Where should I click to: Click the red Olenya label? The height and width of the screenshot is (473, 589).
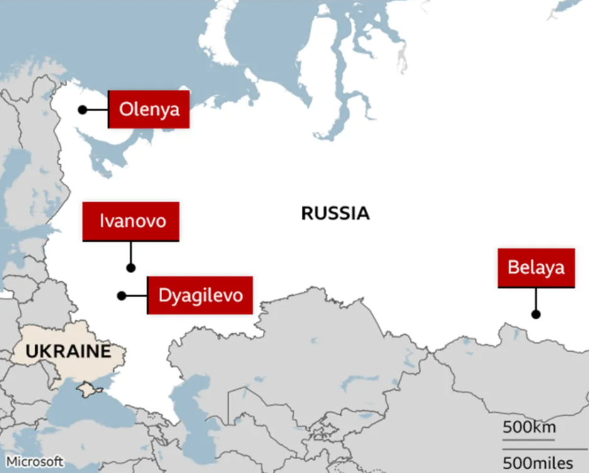[x=149, y=109]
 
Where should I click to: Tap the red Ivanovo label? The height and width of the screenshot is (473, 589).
[x=131, y=221]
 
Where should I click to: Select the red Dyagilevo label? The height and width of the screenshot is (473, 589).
[x=200, y=295]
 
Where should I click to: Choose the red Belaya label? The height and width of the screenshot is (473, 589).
[x=536, y=268]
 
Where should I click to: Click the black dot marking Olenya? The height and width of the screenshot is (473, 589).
[x=82, y=110]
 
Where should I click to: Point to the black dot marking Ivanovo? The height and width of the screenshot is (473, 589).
[x=131, y=268]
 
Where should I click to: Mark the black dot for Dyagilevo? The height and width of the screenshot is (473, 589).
[x=121, y=295]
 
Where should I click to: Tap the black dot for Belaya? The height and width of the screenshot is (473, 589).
[x=536, y=314]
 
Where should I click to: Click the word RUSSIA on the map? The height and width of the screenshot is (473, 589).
[x=335, y=214]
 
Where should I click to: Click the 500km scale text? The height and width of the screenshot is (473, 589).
[x=529, y=428]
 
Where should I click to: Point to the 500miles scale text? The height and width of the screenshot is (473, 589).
[x=537, y=464]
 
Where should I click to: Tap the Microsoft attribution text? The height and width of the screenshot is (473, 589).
[x=35, y=460]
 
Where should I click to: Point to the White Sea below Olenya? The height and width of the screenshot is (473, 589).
[x=107, y=151]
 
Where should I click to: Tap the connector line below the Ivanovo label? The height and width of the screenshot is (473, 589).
[x=131, y=253]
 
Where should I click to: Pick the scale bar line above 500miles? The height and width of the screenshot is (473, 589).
[x=538, y=449]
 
